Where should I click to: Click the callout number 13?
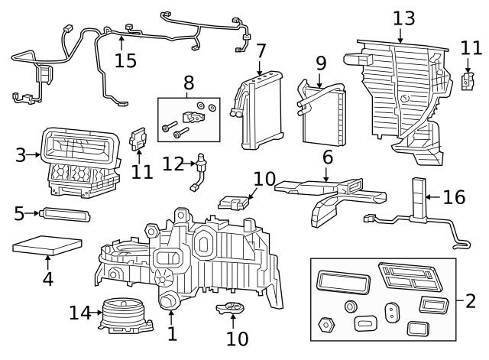pyautogui.click(x=403, y=18)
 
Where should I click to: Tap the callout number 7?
pyautogui.click(x=261, y=51)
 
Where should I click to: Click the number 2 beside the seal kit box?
pyautogui.click(x=470, y=300)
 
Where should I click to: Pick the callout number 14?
pyautogui.click(x=79, y=312)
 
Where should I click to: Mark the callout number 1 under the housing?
pyautogui.click(x=172, y=334)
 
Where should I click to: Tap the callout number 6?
pyautogui.click(x=327, y=157)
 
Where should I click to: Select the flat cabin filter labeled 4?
pyautogui.click(x=47, y=248)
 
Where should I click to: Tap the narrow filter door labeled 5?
pyautogui.click(x=66, y=214)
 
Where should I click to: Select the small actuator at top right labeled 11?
pyautogui.click(x=469, y=80)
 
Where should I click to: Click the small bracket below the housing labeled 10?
pyautogui.click(x=232, y=309)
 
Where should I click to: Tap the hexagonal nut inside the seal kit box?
pyautogui.click(x=327, y=323)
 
